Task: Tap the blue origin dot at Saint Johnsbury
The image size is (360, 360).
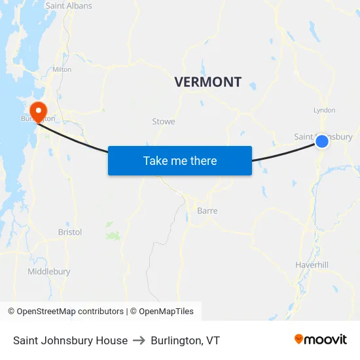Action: coord(322,141)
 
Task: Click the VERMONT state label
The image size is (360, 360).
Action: coord(207,82)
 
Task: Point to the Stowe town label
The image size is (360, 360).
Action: coord(164,122)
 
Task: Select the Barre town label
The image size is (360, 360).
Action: coord(207,211)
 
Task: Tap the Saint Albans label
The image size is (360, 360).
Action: coord(69,6)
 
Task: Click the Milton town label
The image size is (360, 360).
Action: coord(62,69)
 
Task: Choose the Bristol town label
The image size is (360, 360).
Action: coord(70,232)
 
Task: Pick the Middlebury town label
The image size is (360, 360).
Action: coord(49,272)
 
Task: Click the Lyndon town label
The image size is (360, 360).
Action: coord(325,111)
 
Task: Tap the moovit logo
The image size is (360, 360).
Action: coord(321,340)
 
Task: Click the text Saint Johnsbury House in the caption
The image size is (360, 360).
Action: coord(70,340)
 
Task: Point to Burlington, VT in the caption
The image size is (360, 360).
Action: coord(185,340)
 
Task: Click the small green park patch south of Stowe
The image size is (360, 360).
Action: coord(114,235)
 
